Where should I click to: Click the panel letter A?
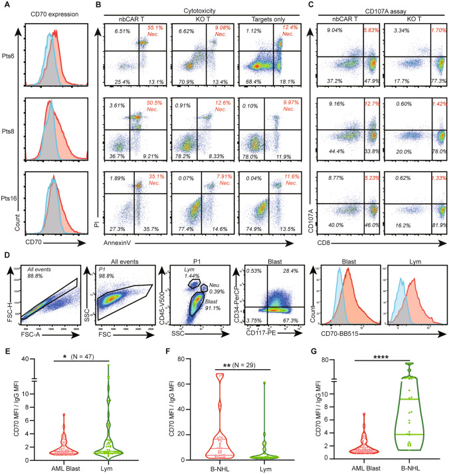click(x=7, y=6)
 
